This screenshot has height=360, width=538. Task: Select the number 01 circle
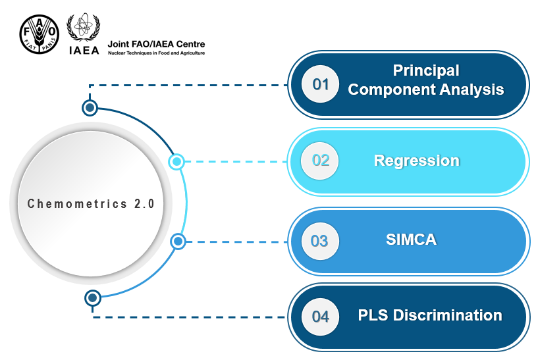pos(321,84)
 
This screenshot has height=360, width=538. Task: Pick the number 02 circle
pos(320,160)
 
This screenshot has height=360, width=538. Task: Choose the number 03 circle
pos(319,241)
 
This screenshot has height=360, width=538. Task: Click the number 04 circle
pos(320,317)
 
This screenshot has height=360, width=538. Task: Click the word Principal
pos(425,70)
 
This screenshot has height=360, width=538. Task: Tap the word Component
pos(387,90)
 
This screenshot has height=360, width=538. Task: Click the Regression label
pos(416,161)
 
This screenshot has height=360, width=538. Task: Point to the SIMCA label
pos(411,240)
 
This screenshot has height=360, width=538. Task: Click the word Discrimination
pos(448,315)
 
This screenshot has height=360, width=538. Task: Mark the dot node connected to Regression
pos(176,161)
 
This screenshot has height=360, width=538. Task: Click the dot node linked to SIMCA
pos(178,242)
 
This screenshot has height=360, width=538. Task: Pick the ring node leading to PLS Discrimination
pos(93,298)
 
